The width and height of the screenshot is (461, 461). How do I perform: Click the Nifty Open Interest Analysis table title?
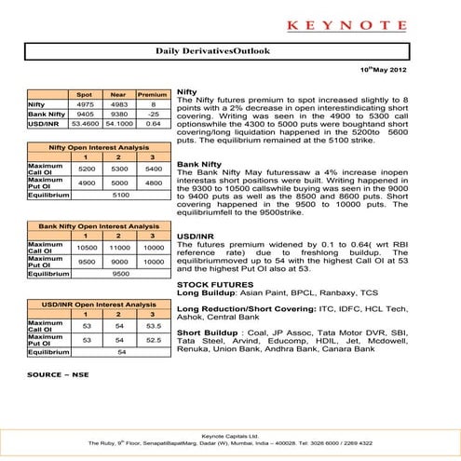93,149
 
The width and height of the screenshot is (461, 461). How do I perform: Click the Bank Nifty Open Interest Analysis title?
93,227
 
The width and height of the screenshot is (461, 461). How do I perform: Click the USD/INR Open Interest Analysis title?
93,305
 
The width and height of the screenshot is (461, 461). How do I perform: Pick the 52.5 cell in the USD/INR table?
147,341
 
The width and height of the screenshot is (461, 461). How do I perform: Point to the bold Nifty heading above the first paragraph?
186,94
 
